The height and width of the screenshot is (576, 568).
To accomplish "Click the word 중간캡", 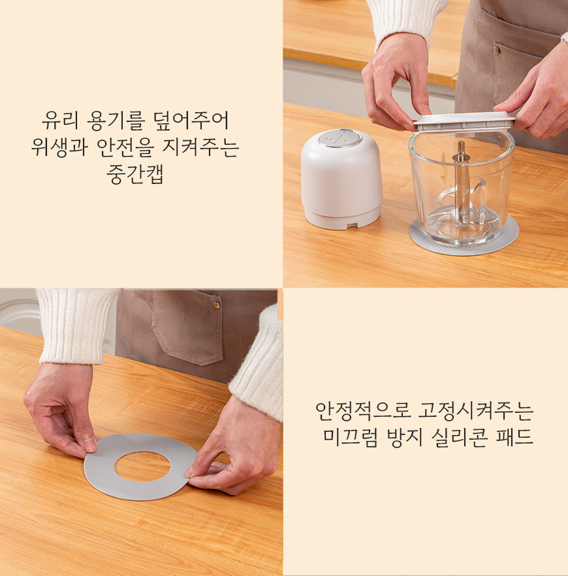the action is point(135,174).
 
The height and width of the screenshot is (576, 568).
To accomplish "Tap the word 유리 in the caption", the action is point(60,120).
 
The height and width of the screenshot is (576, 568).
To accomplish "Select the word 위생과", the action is point(59,147).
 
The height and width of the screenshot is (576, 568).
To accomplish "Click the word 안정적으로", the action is point(362,411).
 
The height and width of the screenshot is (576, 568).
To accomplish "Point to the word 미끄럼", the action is point(351,437).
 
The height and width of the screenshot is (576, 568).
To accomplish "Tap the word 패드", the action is point(514,437).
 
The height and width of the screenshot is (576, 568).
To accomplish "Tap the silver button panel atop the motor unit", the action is point(339,138).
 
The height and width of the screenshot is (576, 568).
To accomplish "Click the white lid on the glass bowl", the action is point(464,121).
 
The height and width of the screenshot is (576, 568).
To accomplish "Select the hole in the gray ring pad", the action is point(142,466).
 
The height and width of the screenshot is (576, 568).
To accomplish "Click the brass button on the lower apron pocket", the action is point(217,305).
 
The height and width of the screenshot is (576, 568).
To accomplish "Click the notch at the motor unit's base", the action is point(353,224).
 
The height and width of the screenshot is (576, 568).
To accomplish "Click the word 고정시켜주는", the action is point(476,411).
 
